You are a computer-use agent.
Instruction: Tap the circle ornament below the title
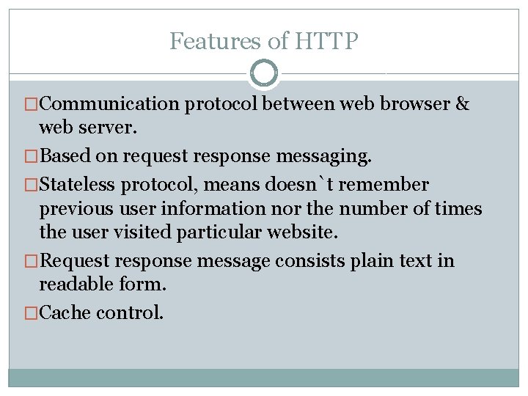click(264, 73)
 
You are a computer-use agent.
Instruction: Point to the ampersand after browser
click(462, 104)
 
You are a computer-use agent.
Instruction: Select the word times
click(458, 209)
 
